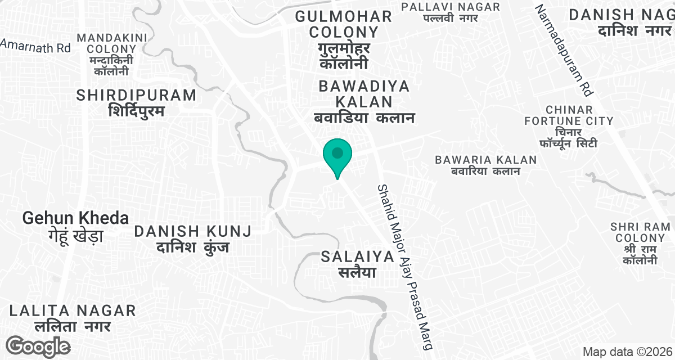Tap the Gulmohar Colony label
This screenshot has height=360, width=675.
(x=344, y=39)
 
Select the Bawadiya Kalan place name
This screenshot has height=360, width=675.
(x=363, y=102)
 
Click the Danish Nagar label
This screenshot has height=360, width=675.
(x=621, y=22)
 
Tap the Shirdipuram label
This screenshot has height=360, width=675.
(x=136, y=102)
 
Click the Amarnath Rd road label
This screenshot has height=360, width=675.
(x=35, y=46)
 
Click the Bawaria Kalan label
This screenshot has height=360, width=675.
(x=485, y=165)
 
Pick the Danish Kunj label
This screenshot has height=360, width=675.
(x=192, y=238)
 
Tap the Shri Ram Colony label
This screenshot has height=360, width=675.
(x=640, y=243)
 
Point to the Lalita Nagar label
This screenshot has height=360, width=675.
(x=73, y=317)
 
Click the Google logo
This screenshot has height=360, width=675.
(x=39, y=346)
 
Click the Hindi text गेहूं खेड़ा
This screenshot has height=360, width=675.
(x=75, y=235)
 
